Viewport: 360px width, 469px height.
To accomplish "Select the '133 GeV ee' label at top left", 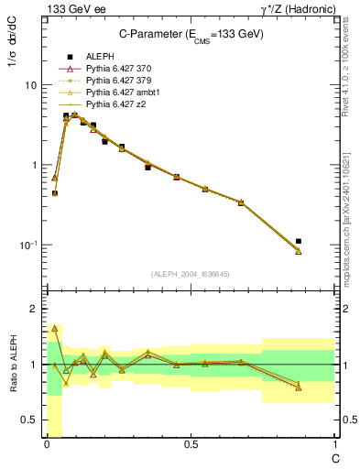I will pos(71,8).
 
